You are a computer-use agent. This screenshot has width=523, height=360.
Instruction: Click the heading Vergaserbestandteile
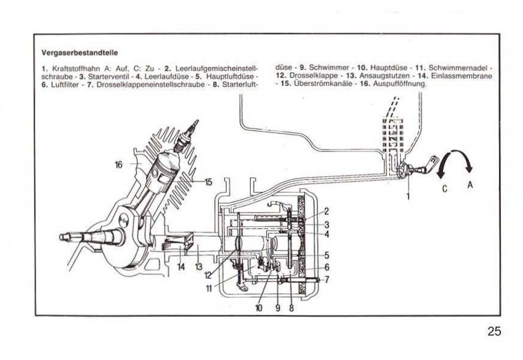[x=80, y=52]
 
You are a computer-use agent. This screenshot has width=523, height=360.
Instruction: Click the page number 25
[x=494, y=331]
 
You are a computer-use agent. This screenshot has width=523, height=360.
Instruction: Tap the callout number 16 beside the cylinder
[x=119, y=164]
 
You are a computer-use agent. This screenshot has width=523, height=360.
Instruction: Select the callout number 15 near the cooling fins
[x=208, y=182]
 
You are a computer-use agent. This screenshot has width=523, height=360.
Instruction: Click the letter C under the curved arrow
[x=445, y=189]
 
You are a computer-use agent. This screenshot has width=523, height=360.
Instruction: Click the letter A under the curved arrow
[x=470, y=185]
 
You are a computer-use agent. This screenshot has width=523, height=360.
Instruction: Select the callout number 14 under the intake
[x=181, y=267]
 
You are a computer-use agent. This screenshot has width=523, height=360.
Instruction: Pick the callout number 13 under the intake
[x=199, y=267]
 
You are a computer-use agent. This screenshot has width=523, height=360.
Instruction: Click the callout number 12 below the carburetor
[x=208, y=275]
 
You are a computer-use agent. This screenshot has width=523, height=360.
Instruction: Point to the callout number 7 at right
[x=327, y=280]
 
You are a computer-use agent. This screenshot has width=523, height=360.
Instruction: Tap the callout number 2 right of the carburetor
[x=326, y=211]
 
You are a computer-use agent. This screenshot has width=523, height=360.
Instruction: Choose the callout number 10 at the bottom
[x=259, y=308]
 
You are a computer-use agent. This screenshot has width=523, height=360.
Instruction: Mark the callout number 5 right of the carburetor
[x=327, y=255]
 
